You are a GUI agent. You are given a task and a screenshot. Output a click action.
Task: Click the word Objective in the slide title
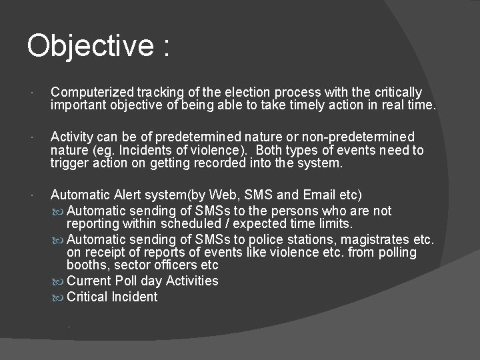pyautogui.click(x=90, y=47)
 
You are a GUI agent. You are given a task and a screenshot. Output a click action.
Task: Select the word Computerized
pyautogui.click(x=93, y=92)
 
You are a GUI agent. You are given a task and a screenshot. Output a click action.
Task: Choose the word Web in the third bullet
pyautogui.click(x=223, y=195)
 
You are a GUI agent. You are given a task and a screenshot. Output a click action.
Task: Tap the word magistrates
pyautogui.click(x=381, y=239)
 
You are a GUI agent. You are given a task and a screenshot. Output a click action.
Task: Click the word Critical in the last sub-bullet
pyautogui.click(x=89, y=297)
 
